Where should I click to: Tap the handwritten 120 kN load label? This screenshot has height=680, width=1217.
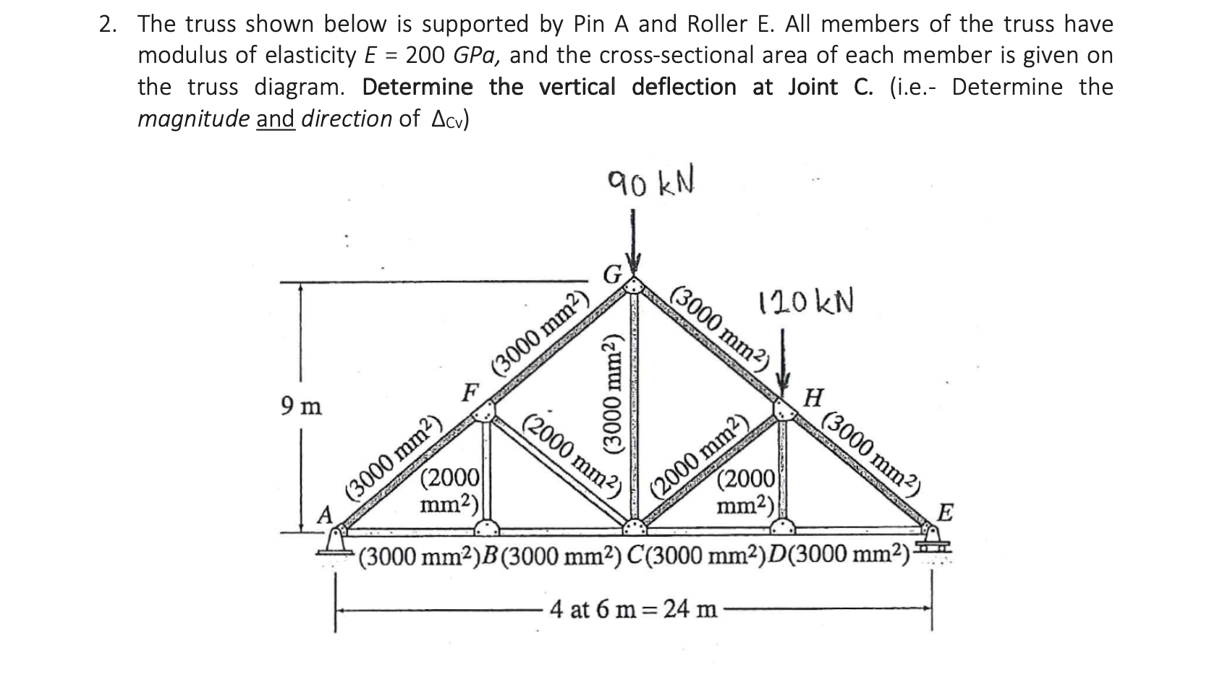coord(805,302)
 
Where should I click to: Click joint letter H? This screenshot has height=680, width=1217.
coord(814,397)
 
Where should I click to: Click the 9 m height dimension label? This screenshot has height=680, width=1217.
coord(300,407)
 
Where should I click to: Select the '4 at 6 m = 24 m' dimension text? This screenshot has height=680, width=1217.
coord(633,609)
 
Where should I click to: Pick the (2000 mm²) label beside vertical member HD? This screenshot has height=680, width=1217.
coord(747,490)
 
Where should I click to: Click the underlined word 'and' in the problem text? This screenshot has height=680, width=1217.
coord(276,118)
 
